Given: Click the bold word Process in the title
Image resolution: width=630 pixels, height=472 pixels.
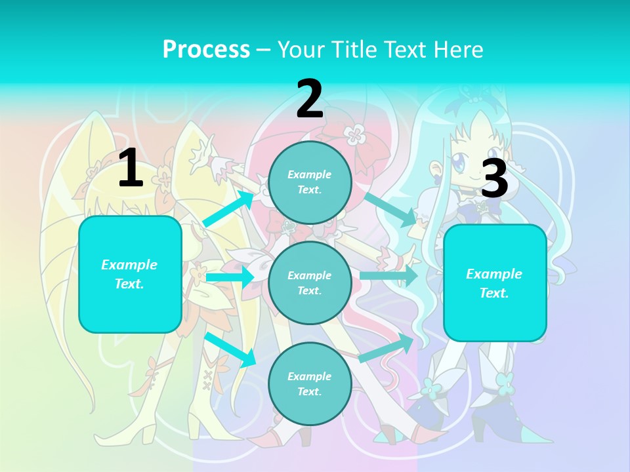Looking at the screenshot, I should (206, 49).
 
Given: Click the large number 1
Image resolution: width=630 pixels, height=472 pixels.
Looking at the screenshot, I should (131, 168).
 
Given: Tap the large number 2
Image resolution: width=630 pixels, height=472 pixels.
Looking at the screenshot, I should (310, 99).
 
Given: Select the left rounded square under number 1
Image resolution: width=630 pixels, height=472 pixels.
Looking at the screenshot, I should (130, 274).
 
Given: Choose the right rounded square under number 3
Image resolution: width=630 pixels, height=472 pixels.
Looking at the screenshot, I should (495, 283).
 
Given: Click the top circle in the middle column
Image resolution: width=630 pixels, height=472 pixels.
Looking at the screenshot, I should (310, 182).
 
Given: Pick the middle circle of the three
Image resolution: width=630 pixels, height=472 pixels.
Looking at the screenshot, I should (310, 283).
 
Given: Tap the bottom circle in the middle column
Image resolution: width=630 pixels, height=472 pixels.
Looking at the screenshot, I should (310, 383).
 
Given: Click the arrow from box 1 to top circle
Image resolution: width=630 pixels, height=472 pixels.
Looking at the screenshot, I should (230, 208).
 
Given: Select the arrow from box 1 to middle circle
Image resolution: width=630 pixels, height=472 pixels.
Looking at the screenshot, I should (230, 277).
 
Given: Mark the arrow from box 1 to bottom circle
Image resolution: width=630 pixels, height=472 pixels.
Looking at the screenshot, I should (230, 349).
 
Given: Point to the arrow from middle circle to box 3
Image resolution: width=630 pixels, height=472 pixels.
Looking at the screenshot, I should (389, 275).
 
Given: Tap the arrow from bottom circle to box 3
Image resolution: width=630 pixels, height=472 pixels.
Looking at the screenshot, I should (386, 348).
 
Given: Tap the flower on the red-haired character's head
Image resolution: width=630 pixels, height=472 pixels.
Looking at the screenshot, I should (355, 135).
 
